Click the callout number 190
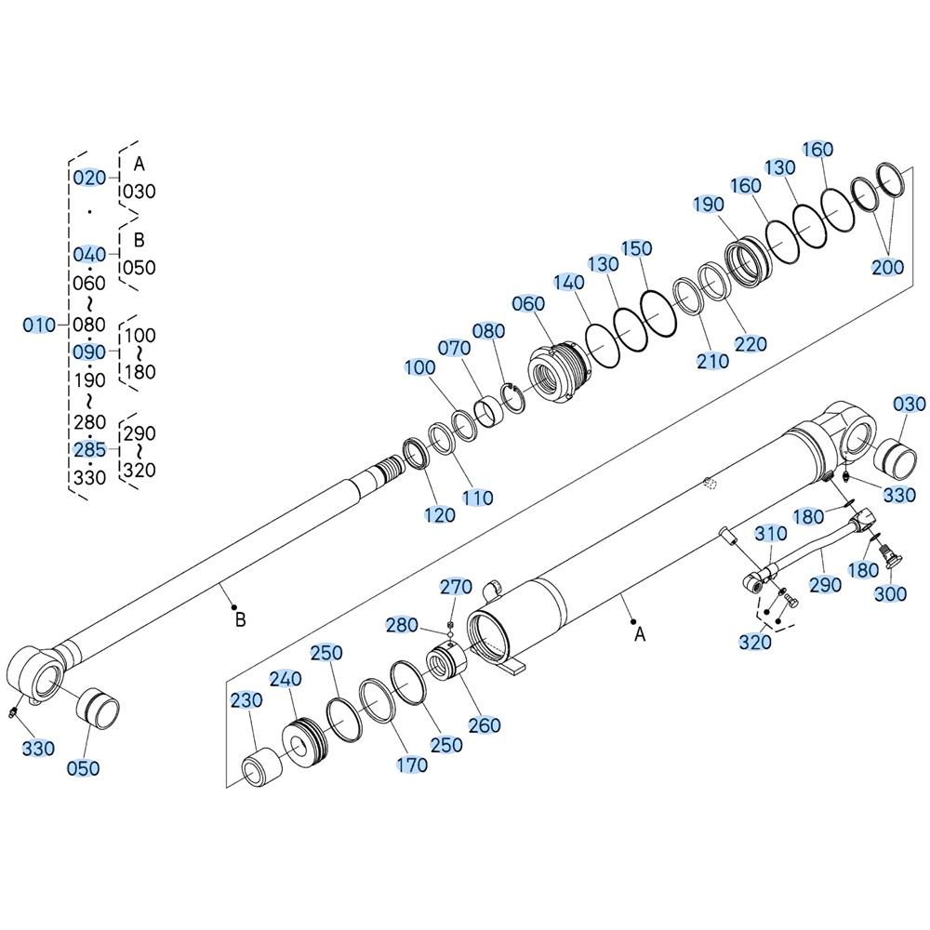tap(709, 205)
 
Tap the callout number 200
tap(887, 268)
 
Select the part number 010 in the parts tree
tap(39, 325)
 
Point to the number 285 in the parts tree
tap(89, 449)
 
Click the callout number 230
tap(246, 700)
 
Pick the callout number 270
tap(456, 587)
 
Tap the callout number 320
tap(755, 642)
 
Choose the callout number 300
tap(891, 593)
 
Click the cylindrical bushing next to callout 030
tap(896, 459)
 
